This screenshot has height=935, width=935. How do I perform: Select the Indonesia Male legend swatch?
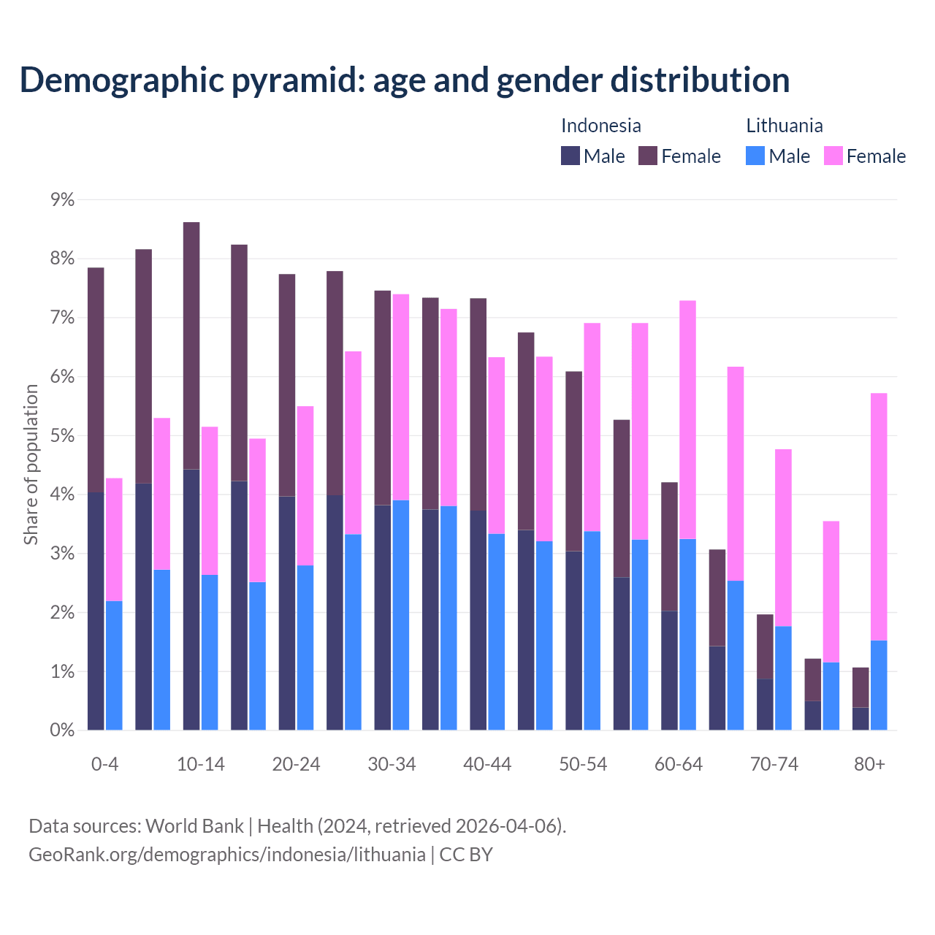570,156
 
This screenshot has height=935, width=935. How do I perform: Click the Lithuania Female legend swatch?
833,156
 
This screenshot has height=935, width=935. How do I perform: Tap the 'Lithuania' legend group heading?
784,126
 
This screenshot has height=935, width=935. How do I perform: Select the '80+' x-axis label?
869,765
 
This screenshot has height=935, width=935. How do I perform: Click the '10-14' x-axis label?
201,765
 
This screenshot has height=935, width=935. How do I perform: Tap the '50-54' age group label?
583,765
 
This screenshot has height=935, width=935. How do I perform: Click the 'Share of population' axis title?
31,465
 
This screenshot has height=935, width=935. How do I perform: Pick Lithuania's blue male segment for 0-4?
114,665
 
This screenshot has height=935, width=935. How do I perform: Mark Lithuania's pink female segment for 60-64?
687,419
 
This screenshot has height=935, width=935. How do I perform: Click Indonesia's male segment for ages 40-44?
478,620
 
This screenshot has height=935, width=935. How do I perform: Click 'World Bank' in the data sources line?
194,826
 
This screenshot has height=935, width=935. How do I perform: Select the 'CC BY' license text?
466,855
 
